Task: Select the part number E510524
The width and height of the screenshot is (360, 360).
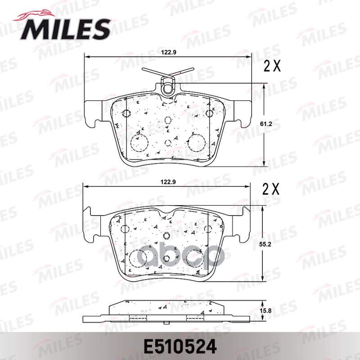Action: [180, 347]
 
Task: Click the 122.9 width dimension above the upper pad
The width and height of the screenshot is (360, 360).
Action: [168, 52]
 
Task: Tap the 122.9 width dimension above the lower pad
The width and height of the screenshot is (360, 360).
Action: [168, 182]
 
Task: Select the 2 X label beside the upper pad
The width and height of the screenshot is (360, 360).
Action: [272, 67]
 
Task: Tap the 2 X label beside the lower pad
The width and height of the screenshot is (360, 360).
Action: [272, 189]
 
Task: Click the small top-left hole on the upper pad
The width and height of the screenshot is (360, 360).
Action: [126, 113]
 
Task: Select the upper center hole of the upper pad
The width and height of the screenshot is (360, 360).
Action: [168, 120]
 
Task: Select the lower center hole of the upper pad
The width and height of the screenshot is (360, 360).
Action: [168, 143]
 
